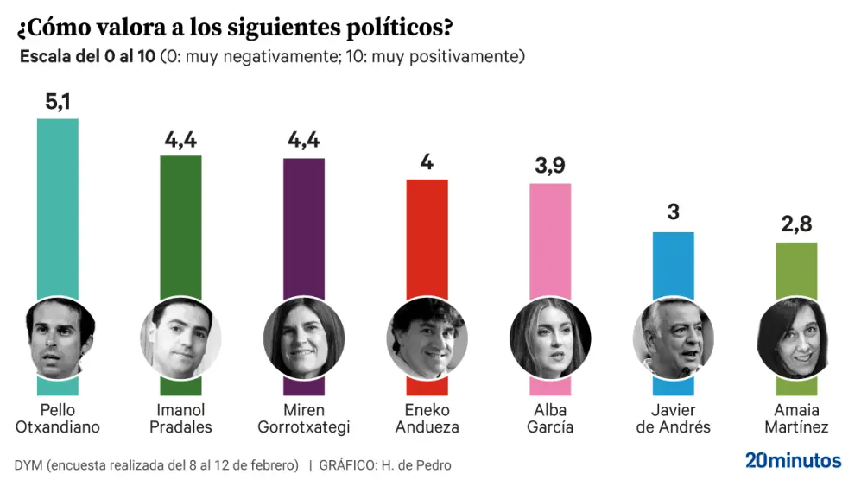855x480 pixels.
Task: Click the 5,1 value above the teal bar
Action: click(x=58, y=104)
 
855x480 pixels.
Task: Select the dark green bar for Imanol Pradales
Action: click(x=180, y=224)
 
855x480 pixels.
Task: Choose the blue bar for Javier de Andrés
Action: click(x=673, y=268)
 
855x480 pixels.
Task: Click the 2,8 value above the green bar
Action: click(x=796, y=227)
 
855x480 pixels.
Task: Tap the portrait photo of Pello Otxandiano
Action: click(x=58, y=338)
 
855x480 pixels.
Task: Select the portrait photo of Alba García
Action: click(x=549, y=338)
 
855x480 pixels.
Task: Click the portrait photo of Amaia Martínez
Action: click(x=796, y=338)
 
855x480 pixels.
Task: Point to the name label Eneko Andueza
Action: click(x=427, y=419)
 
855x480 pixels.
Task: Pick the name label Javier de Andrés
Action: click(x=673, y=419)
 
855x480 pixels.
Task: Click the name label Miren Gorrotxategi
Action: click(x=303, y=419)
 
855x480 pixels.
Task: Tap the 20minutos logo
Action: click(x=793, y=460)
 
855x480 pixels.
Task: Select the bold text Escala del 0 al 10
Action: click(x=87, y=57)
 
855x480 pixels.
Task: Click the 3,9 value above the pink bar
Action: click(x=549, y=167)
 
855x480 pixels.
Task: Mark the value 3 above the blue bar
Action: click(x=673, y=213)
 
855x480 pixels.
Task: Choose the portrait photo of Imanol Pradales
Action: click(x=180, y=338)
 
